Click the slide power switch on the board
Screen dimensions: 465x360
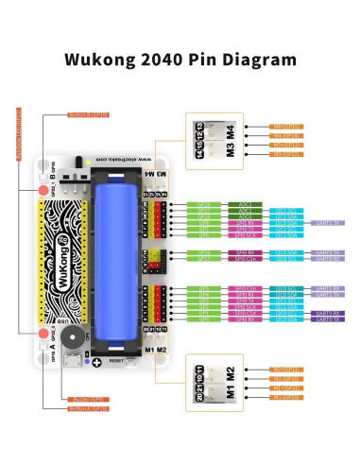pos(91,175)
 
